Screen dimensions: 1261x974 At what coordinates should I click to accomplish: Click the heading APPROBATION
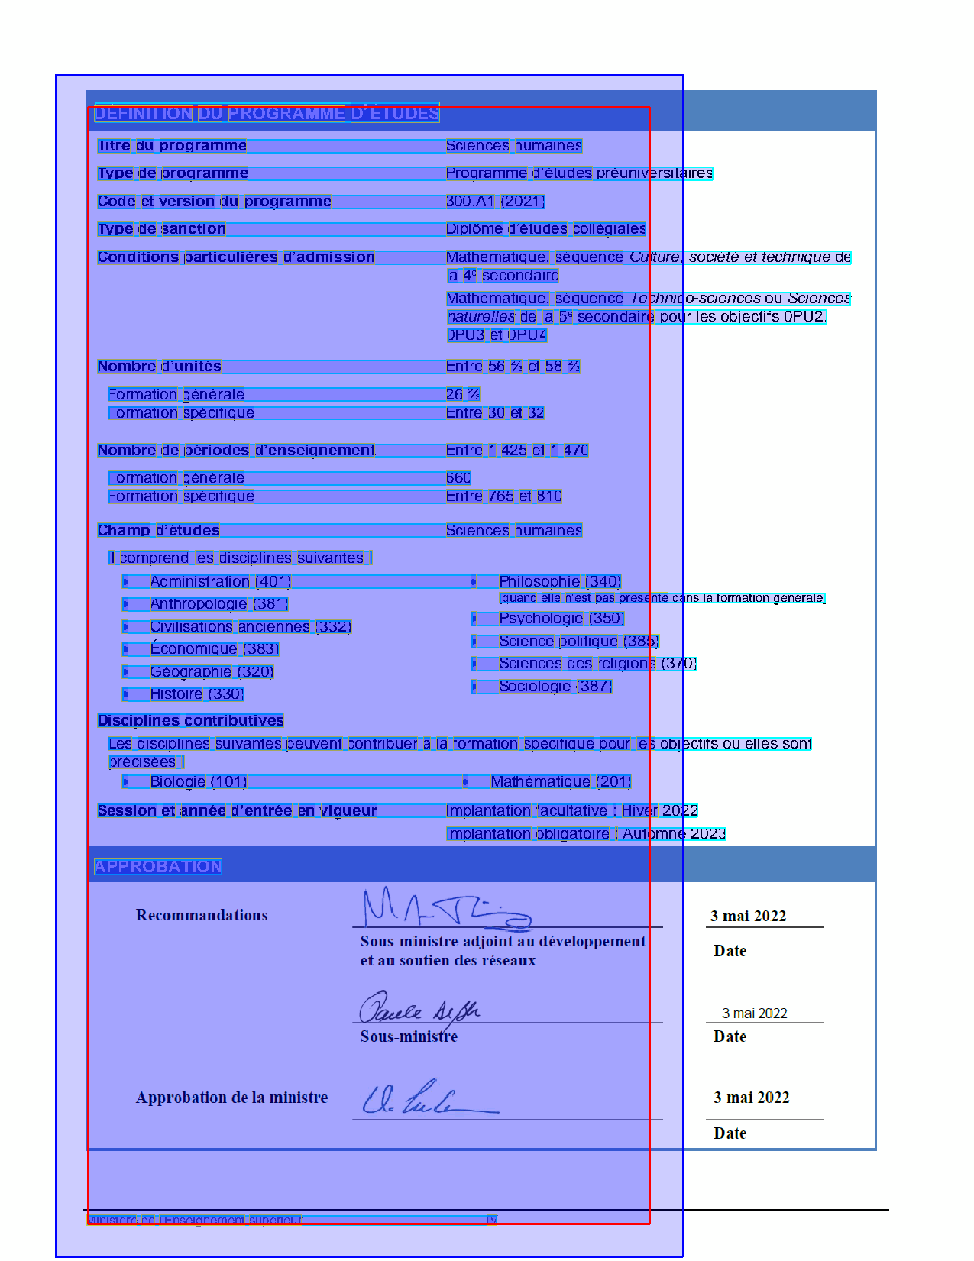[x=158, y=866]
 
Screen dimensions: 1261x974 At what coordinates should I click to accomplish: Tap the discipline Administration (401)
[x=220, y=582]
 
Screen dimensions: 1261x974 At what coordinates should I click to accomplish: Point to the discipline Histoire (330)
[x=196, y=694]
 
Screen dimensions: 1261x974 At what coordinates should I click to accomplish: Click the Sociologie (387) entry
[x=555, y=687]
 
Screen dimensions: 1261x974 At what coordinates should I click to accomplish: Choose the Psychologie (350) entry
[x=561, y=619]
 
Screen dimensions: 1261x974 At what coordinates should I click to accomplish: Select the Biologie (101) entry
[x=198, y=782]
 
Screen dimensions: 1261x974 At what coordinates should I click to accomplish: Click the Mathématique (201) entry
[x=561, y=782]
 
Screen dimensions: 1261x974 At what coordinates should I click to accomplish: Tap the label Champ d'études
[x=158, y=531]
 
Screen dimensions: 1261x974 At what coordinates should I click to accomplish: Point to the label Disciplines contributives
[x=190, y=721]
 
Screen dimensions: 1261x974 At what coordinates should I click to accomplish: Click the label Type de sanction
[x=161, y=229]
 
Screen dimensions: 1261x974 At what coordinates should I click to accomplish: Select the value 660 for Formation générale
[x=458, y=478]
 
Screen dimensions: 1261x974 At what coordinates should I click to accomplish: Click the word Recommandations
[x=202, y=915]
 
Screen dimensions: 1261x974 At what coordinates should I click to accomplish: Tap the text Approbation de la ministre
[x=231, y=1098]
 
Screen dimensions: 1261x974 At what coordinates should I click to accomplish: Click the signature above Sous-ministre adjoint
[x=443, y=909]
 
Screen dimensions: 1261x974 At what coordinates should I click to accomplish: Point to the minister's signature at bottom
[x=428, y=1098]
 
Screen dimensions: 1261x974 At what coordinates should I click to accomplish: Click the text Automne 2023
[x=674, y=834]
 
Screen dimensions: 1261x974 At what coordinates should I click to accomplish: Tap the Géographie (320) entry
[x=212, y=672]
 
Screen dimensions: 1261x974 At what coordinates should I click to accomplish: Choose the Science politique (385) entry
[x=578, y=642]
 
